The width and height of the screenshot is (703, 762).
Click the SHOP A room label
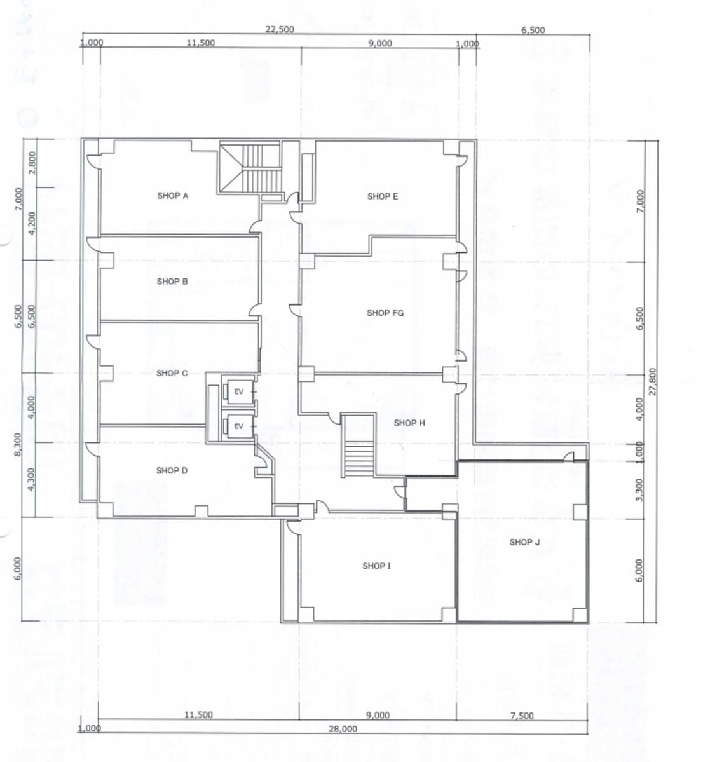pyautogui.click(x=173, y=196)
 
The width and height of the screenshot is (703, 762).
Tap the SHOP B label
pyautogui.click(x=172, y=282)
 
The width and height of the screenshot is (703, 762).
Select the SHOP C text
pyautogui.click(x=172, y=373)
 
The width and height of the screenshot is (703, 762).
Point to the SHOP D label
pyautogui.click(x=172, y=470)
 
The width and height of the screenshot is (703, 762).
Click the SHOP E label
pyautogui.click(x=383, y=196)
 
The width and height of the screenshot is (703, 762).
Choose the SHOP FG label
pyautogui.click(x=385, y=313)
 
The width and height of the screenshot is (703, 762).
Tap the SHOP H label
pyautogui.click(x=409, y=423)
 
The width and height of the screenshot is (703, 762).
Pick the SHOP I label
pyautogui.click(x=376, y=566)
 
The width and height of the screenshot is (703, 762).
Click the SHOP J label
pyautogui.click(x=524, y=542)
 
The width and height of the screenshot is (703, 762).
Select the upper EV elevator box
pyautogui.click(x=238, y=391)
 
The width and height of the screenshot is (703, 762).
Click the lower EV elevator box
pyautogui.click(x=238, y=426)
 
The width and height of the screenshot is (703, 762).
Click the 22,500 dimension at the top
pyautogui.click(x=280, y=29)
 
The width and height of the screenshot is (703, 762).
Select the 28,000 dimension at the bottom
pyautogui.click(x=343, y=729)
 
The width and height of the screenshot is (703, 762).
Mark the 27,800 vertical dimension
pyautogui.click(x=652, y=382)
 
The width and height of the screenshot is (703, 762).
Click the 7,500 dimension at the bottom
pyautogui.click(x=522, y=716)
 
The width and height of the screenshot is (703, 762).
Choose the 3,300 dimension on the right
pyautogui.click(x=639, y=490)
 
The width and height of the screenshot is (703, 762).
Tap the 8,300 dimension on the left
pyautogui.click(x=18, y=445)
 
